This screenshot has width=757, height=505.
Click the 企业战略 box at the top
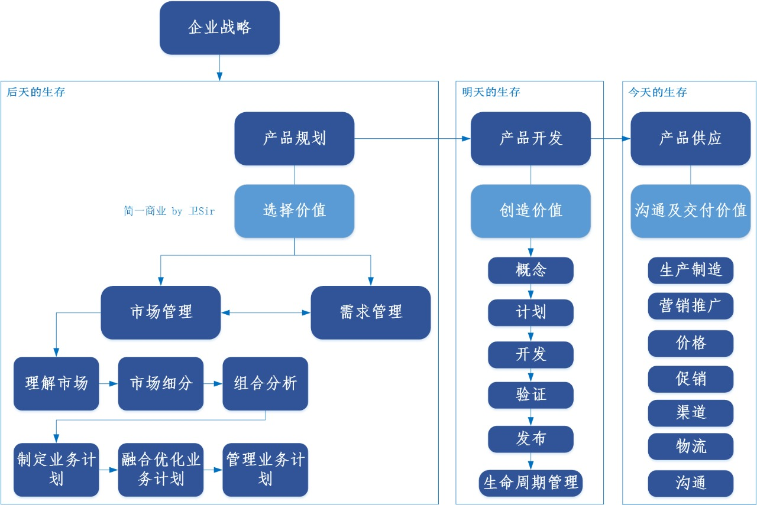tap(219, 28)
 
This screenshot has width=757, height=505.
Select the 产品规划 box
tap(294, 138)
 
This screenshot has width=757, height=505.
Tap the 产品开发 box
tap(530, 138)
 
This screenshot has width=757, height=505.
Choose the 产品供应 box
tap(690, 138)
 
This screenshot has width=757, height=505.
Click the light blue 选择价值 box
tap(294, 211)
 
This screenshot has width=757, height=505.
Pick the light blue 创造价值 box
tap(530, 211)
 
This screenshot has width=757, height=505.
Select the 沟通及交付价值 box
tap(690, 211)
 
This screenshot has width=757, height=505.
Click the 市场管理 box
tap(160, 312)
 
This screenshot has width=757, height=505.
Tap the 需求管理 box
tap(371, 312)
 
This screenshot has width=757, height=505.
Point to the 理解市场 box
tap(56, 383)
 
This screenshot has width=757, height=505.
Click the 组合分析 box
tap(265, 383)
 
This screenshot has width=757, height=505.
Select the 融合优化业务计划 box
tap(160, 470)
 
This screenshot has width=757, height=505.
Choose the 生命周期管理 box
tap(530, 483)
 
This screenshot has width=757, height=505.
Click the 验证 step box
tap(530, 395)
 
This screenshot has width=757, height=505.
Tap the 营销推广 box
tap(690, 306)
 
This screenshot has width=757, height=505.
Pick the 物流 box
tap(690, 447)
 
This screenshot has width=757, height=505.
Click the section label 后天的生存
tap(36, 93)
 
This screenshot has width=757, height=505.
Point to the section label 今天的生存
tap(658, 93)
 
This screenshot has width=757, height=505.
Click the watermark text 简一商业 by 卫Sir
tap(169, 211)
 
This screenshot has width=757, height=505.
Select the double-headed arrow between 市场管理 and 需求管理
tap(266, 312)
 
